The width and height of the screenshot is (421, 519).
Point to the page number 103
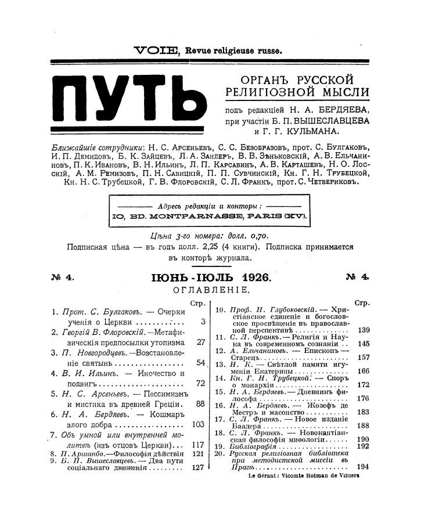(x=199, y=425)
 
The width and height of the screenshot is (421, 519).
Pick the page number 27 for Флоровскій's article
(x=201, y=342)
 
